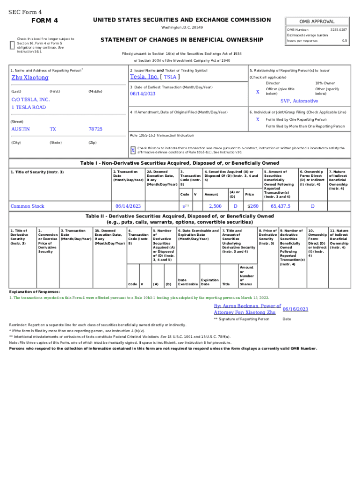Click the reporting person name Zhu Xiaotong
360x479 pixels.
[x=30, y=78]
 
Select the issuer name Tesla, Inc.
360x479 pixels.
[x=144, y=77]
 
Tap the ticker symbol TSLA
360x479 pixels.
[x=170, y=77]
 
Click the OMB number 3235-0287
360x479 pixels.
[x=338, y=29]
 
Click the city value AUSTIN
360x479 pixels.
[x=21, y=129]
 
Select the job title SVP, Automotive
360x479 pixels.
[x=299, y=101]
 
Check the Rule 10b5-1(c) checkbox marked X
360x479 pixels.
[x=133, y=151]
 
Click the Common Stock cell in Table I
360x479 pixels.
[x=28, y=206]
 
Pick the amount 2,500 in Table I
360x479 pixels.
[x=215, y=206]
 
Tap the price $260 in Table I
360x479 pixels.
[x=252, y=206]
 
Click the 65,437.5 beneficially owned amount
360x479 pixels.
[x=280, y=206]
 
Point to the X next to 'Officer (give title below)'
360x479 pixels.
[x=258, y=92]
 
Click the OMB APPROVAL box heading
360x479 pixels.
[x=317, y=22]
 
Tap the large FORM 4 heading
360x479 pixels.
[x=44, y=21]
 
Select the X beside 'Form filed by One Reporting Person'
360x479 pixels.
[x=258, y=119]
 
